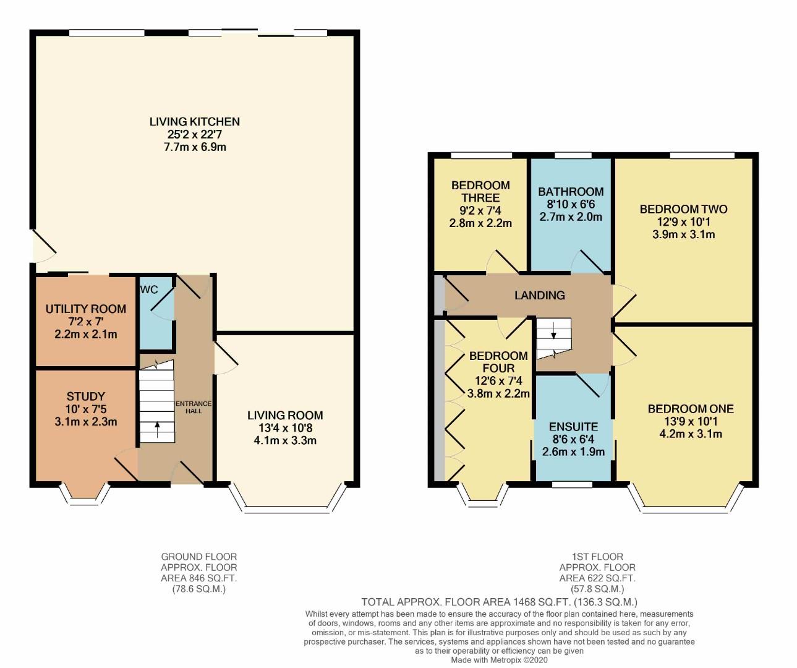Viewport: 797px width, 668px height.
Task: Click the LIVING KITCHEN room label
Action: click(x=194, y=121)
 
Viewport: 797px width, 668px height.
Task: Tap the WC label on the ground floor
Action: click(x=148, y=289)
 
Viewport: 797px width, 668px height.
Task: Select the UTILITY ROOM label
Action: click(x=85, y=309)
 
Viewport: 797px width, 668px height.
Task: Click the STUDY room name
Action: click(x=85, y=396)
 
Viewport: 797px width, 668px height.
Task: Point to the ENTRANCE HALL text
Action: click(x=194, y=407)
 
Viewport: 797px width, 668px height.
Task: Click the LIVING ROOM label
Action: click(x=285, y=415)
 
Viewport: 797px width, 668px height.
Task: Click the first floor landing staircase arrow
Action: click(x=553, y=334)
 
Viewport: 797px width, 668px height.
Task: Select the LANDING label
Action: click(x=539, y=296)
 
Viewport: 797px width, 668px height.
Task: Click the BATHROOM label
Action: click(x=570, y=192)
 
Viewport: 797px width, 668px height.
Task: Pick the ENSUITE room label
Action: click(x=573, y=427)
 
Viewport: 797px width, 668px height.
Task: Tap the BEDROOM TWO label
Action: click(x=683, y=209)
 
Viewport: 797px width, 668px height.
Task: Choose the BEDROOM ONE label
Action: click(x=691, y=409)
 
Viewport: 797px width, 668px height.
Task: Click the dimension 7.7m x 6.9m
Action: click(x=194, y=147)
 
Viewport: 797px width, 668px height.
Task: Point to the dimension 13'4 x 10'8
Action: click(x=285, y=428)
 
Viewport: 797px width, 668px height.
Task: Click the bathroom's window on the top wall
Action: click(x=570, y=155)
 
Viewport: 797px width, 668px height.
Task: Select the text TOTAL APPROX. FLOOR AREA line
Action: click(x=498, y=602)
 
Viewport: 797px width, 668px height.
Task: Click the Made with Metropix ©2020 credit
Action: click(x=498, y=660)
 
